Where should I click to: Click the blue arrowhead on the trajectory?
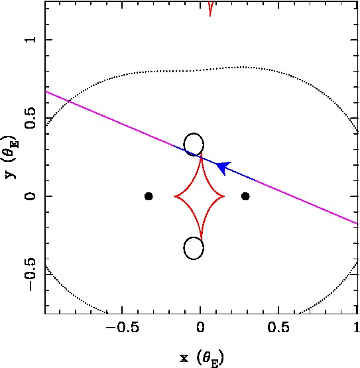pos(223,167)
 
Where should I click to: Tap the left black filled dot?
pos(149,196)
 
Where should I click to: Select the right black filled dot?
pos(245,196)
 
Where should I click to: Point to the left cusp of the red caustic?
pos(174,196)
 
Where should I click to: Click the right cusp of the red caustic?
pos(224,196)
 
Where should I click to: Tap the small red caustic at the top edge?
pos(210,8)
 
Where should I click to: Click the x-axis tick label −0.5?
pos(123,327)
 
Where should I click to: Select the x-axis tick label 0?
pos(200,327)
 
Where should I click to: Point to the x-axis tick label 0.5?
pos(278,327)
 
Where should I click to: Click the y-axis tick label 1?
pos(31,40)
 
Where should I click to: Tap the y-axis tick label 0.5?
pos(30,118)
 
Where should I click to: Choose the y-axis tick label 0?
pos(30,196)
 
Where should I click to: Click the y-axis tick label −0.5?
pos(30,275)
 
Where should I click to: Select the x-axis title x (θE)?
pos(202,358)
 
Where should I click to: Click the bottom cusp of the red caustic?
pos(201,239)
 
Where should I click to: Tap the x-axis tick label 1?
pos(357,327)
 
